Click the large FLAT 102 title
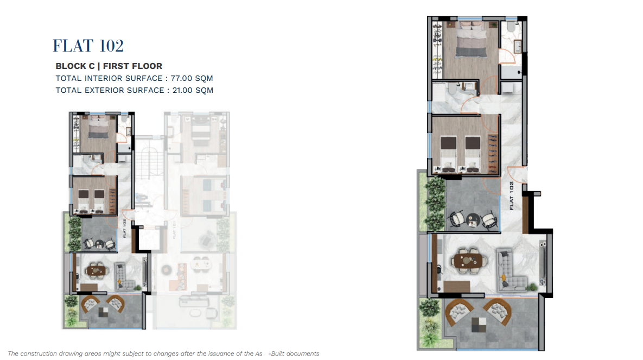(88, 46)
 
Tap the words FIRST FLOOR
(132, 66)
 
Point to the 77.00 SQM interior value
(192, 78)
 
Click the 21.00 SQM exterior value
(193, 90)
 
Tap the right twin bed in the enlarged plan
(473, 154)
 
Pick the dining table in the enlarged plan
(468, 261)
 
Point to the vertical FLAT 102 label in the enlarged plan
(511, 196)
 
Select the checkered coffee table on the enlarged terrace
(479, 325)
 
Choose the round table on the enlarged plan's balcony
(472, 220)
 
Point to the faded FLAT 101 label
(174, 230)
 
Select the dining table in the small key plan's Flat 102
(96, 270)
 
